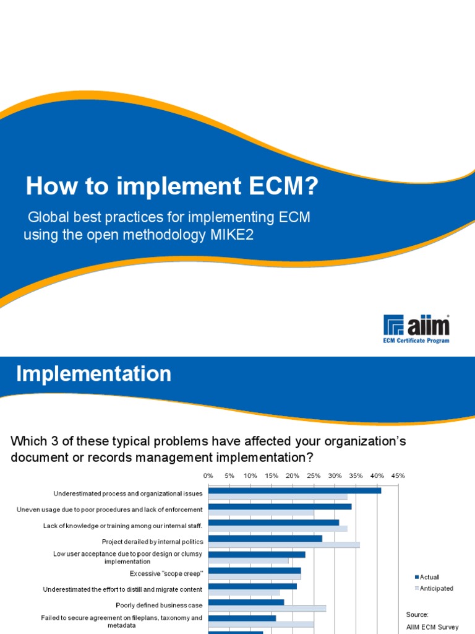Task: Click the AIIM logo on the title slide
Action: point(416,325)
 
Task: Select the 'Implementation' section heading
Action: point(93,374)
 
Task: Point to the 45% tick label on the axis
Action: point(398,475)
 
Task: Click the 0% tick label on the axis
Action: point(208,475)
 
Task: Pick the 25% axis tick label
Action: point(314,475)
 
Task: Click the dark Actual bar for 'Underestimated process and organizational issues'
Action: point(294,490)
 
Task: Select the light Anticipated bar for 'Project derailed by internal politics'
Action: point(284,545)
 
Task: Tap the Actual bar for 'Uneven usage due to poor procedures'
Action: point(280,506)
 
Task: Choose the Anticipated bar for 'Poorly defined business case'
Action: point(267,609)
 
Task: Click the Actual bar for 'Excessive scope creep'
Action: point(254,570)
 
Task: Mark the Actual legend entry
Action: point(427,577)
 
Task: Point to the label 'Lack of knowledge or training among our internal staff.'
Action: point(123,526)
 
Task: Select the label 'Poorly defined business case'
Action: point(159,605)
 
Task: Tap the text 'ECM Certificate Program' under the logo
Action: point(416,340)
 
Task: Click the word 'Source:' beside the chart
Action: point(417,615)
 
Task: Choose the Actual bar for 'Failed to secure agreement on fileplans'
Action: point(242,618)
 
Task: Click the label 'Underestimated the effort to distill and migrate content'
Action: point(122,589)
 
